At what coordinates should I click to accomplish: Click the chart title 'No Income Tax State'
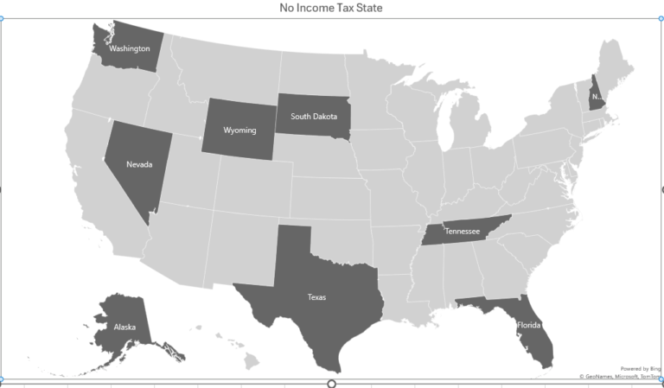click(331, 8)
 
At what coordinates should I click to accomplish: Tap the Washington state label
click(130, 48)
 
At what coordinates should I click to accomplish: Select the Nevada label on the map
click(138, 164)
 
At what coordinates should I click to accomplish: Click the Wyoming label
click(239, 130)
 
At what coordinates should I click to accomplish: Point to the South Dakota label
click(314, 116)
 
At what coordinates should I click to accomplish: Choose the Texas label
click(316, 297)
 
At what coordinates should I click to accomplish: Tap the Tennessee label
click(462, 232)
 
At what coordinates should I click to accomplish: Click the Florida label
click(528, 326)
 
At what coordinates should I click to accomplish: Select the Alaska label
click(124, 328)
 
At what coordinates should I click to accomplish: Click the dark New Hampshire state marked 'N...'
click(597, 96)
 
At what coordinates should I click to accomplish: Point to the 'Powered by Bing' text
click(640, 368)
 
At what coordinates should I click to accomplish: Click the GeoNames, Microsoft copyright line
click(621, 377)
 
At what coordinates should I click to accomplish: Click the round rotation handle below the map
click(331, 383)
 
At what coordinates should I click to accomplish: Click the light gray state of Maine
click(616, 65)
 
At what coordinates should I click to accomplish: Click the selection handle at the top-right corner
click(661, 18)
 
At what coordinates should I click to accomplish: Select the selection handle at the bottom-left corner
click(2, 379)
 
